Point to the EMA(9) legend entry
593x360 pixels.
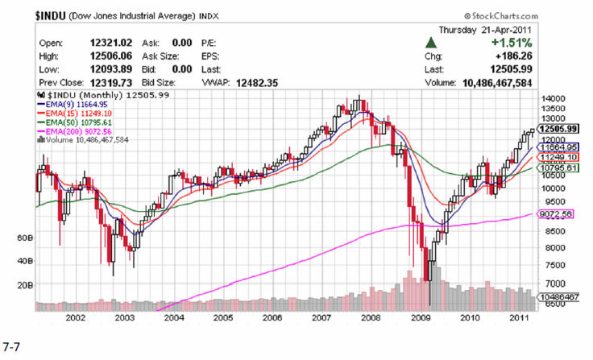(65, 104)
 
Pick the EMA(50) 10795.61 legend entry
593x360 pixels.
(71, 122)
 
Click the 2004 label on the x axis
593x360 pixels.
(174, 317)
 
